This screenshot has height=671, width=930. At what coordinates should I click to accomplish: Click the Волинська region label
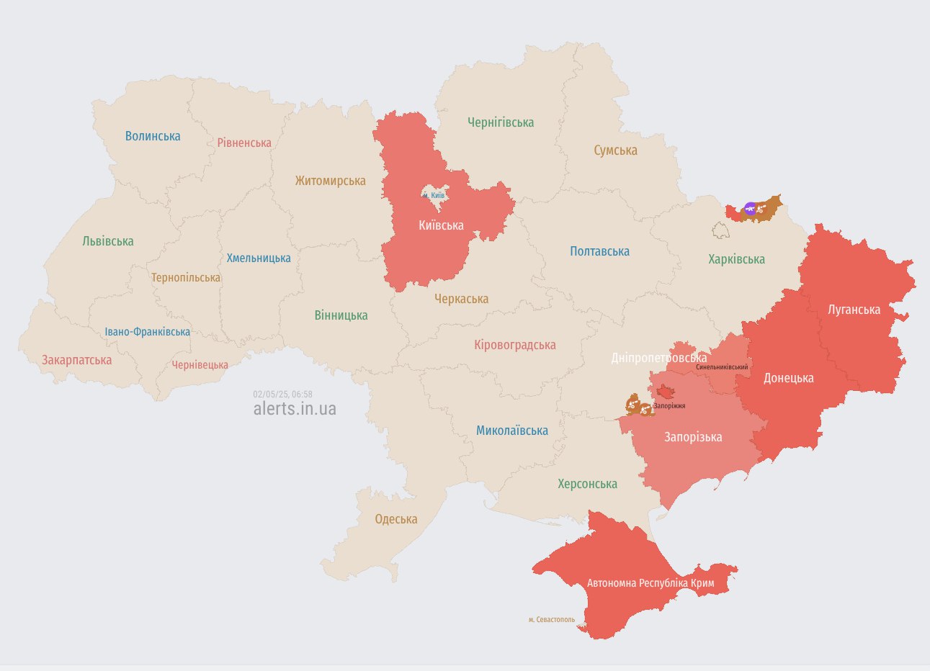point(153,136)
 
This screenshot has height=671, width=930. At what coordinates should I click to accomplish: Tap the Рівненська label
point(244,143)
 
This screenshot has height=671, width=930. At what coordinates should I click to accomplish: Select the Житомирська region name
point(330,181)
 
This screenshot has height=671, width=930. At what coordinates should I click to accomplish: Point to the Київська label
point(441,225)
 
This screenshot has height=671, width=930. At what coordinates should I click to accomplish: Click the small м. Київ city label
point(434,195)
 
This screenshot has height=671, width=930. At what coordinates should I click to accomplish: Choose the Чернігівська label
point(501,122)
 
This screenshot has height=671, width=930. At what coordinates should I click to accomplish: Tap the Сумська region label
point(615,150)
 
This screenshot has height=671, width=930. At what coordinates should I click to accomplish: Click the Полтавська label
point(599,251)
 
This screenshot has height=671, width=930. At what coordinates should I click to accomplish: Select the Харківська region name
point(736,259)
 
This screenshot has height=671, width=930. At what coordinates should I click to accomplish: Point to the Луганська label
point(854,310)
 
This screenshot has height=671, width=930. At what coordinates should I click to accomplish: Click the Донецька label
point(788,378)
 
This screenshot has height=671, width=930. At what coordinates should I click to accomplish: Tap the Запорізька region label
point(692,437)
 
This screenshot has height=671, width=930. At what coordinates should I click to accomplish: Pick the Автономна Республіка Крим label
point(650,582)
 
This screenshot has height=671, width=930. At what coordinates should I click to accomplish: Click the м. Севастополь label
point(551,619)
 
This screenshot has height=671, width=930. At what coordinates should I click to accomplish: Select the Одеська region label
point(395,519)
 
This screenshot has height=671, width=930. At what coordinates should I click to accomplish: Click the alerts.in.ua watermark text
point(295,408)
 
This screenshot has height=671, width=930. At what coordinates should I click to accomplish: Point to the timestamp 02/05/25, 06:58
point(282,395)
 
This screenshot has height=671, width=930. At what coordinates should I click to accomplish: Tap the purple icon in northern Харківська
point(750,209)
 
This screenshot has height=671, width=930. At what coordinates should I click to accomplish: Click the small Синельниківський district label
point(722,367)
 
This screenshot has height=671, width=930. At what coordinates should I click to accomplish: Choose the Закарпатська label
point(76,360)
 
